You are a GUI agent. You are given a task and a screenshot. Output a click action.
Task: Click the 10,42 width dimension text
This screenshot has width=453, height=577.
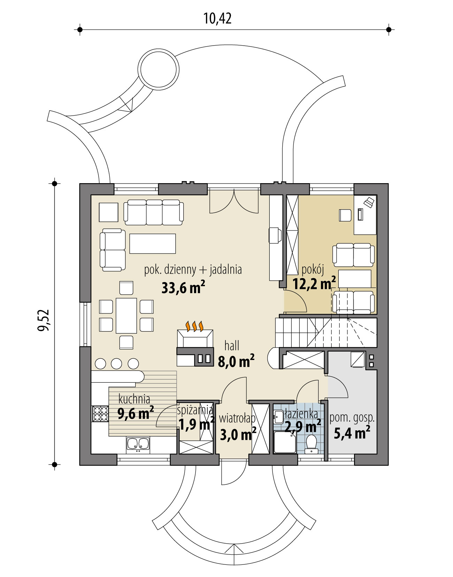tap(217, 18)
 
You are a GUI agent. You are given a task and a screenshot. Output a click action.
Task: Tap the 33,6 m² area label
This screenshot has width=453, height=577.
tap(183, 288)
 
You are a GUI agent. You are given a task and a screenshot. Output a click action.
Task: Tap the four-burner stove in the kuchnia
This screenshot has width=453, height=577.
tap(100, 413)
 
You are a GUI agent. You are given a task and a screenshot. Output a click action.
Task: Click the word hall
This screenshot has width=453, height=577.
tap(232, 346)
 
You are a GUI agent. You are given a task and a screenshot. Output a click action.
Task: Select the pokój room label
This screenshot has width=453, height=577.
tap(313, 269)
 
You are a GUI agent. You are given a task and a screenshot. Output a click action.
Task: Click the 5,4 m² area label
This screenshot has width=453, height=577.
tap(352, 434)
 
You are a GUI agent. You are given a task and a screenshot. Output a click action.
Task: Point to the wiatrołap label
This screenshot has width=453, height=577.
tap(237, 418)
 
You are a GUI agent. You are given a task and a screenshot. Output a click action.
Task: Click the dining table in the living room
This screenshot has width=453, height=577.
tap(126, 315)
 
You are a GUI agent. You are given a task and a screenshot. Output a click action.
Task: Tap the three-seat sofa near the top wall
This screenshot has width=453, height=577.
tap(154, 212)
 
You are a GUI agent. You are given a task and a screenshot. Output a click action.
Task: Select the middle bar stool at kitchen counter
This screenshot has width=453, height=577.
tap(117, 364)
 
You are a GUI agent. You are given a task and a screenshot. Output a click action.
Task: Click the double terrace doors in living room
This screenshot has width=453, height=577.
tap(234, 202)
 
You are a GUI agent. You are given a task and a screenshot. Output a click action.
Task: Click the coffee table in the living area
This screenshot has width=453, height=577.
tap(152, 243)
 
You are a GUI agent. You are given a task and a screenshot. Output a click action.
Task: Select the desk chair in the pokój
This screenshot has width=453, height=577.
tap(345, 215)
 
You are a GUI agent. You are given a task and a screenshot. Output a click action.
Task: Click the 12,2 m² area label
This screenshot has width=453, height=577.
tap(314, 284)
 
